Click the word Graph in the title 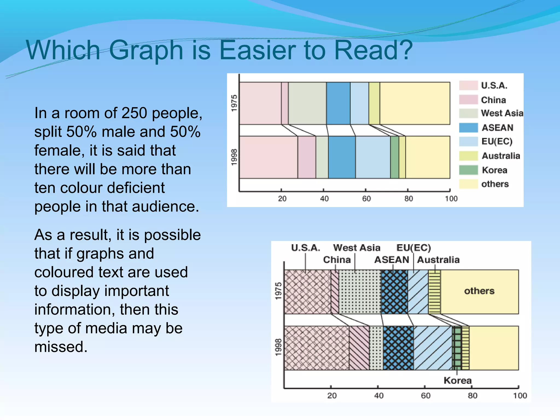coord(146,51)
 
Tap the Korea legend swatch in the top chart coord(468,170)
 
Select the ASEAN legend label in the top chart coord(497,128)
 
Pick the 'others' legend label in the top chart coord(495,184)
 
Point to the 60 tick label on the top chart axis coord(366,199)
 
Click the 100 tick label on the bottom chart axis coord(520,396)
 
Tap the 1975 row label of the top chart coord(234,103)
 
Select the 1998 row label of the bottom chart coord(278,348)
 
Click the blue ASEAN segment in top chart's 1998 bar coord(342,157)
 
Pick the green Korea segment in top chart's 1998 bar coord(394,157)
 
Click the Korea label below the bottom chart coord(457,380)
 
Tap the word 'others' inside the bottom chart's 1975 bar coord(479,291)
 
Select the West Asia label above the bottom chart coord(357,248)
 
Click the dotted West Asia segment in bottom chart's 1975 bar coord(360,292)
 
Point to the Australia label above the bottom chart coord(438,260)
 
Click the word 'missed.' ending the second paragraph coord(61,347)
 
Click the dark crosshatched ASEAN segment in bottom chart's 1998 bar coord(398,348)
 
